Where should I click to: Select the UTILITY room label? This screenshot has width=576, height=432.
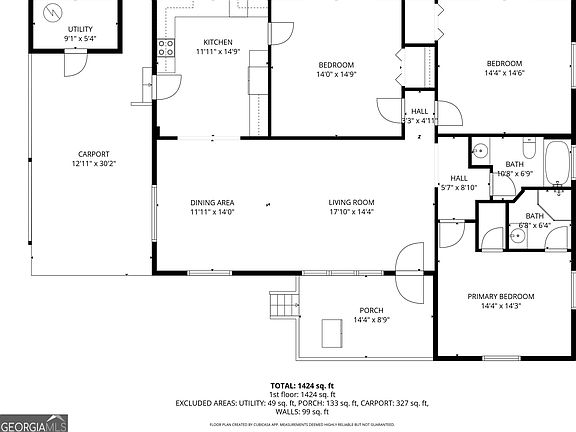[80, 29]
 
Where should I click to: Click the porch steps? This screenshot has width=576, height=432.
[285, 304]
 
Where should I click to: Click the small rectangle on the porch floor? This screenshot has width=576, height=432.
[331, 333]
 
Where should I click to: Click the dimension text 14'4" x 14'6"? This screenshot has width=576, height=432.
[505, 73]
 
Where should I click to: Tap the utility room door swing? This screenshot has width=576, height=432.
[71, 62]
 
